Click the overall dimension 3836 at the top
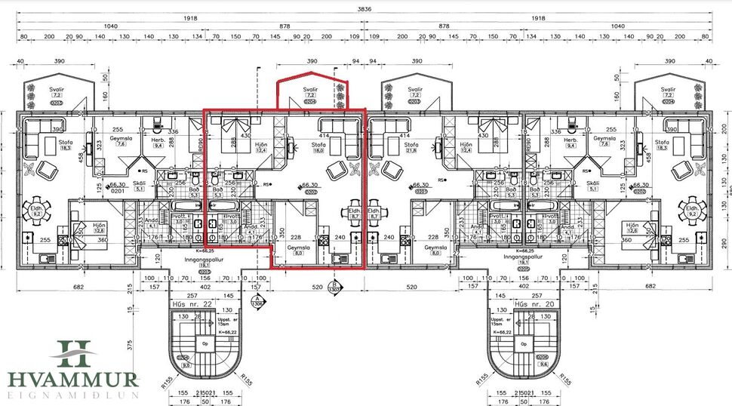365,8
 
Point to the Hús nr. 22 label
188,303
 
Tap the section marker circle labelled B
334,287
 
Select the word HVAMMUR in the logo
73,380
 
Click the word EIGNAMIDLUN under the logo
73,395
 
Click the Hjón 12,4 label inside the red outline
262,148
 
